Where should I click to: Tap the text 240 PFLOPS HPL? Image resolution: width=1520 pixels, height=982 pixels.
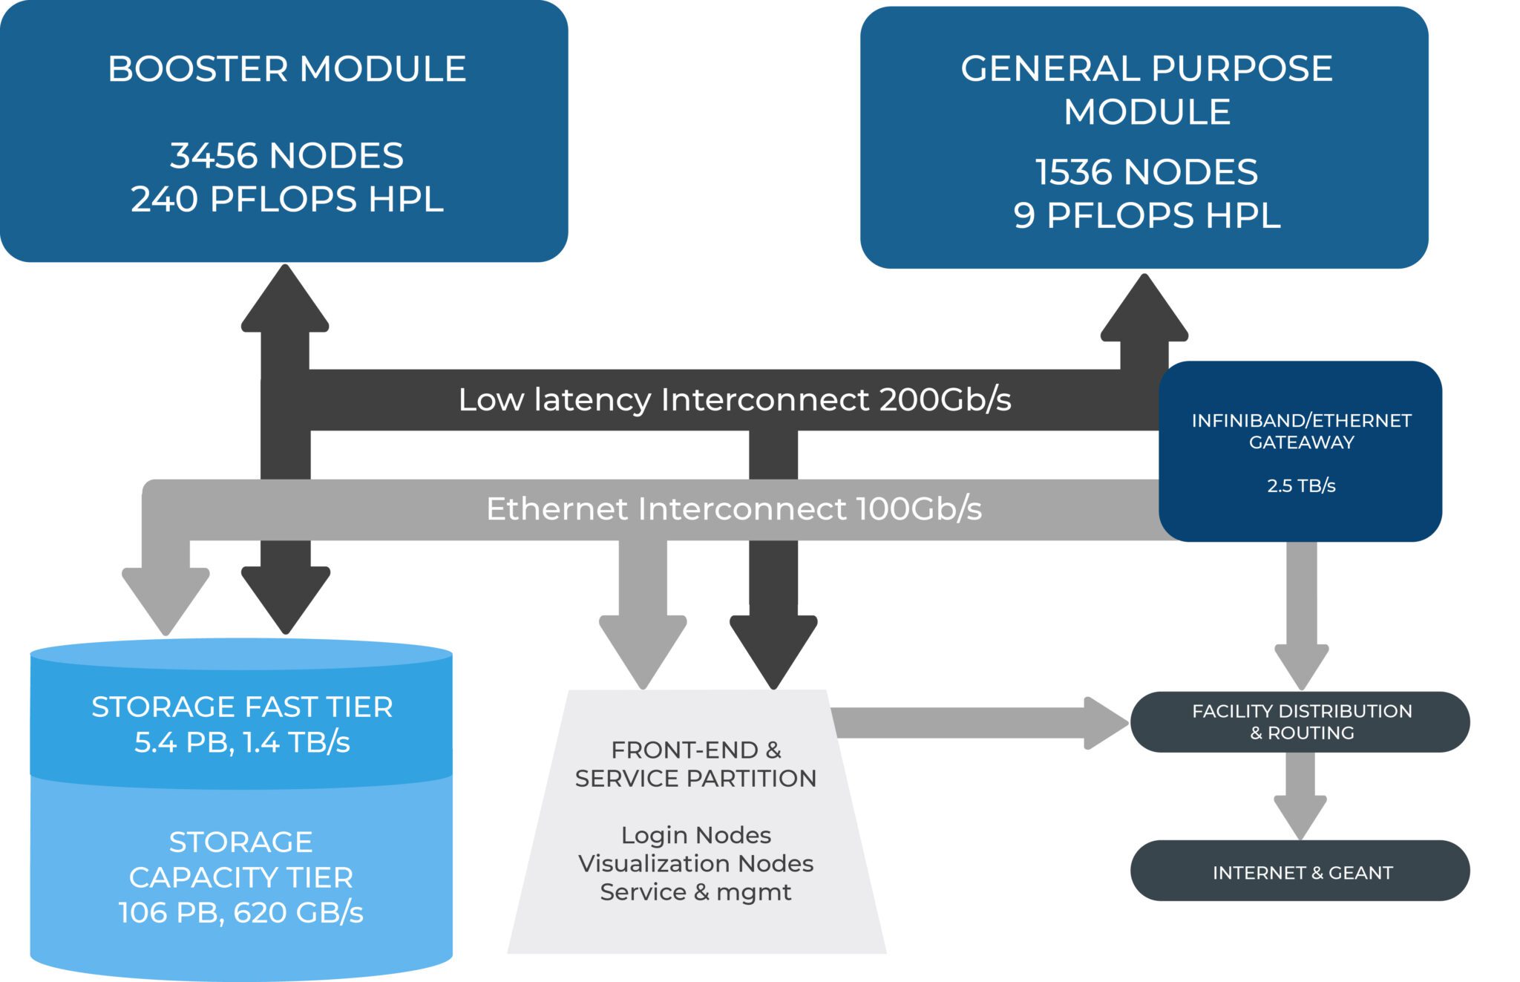(286, 199)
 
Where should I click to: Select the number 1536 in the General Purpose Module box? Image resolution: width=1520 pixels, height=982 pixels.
(1073, 172)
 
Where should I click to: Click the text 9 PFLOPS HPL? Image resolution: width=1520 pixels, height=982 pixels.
(1147, 216)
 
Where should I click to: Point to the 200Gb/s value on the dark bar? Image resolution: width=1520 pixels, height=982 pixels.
(945, 400)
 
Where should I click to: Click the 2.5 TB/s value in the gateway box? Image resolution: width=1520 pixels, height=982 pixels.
(1300, 486)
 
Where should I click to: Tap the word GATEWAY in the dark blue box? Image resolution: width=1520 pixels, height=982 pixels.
(1301, 442)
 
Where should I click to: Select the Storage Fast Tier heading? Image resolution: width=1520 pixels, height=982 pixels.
(242, 707)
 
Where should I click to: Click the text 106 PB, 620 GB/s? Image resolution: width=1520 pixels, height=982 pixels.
(240, 913)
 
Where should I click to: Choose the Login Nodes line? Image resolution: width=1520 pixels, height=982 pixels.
(695, 835)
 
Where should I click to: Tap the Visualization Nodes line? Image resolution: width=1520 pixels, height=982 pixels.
(695, 863)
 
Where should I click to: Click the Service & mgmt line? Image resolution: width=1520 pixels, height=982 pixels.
(695, 891)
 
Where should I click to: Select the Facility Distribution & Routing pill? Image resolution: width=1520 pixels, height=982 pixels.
(1300, 721)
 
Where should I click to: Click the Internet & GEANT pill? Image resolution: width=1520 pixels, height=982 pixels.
(1300, 871)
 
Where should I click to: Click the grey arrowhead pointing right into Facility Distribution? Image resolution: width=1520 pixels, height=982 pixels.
(1105, 723)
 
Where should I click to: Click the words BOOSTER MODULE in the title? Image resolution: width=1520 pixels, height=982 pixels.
(286, 69)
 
